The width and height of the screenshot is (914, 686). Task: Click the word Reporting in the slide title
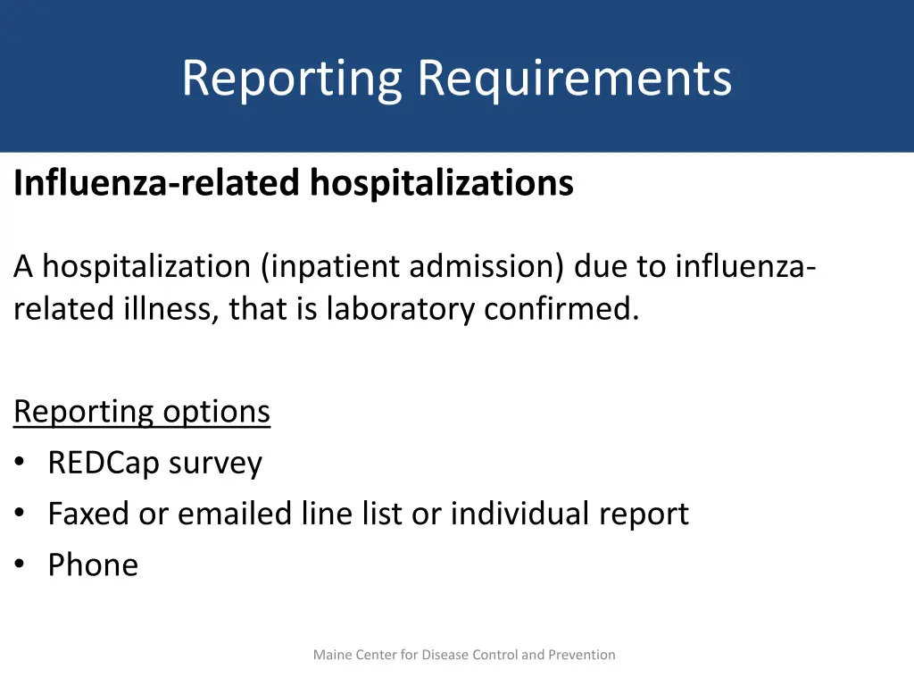pyautogui.click(x=292, y=79)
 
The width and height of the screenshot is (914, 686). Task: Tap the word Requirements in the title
pyautogui.click(x=575, y=79)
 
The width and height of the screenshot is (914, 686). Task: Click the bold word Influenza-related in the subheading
pyautogui.click(x=157, y=183)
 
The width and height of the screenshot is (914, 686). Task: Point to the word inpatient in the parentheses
pyautogui.click(x=334, y=266)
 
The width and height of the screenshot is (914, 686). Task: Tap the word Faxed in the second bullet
pyautogui.click(x=93, y=514)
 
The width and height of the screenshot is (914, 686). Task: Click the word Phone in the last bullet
pyautogui.click(x=93, y=565)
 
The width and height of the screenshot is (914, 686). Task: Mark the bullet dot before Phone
pyautogui.click(x=20, y=565)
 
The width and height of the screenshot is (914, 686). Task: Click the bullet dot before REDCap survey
pyautogui.click(x=20, y=464)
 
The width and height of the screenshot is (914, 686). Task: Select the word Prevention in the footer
pyautogui.click(x=581, y=655)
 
